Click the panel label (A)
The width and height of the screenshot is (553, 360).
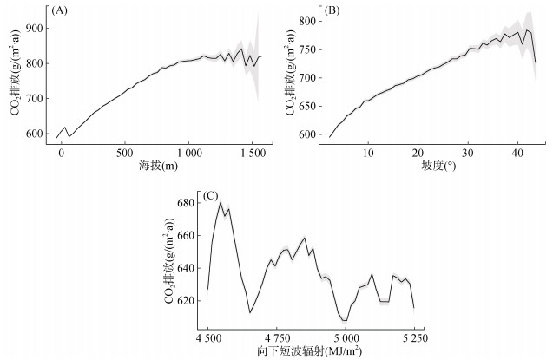coord(59,10)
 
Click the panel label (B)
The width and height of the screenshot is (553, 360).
coord(332,10)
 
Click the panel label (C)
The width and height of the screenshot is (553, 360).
coord(208,196)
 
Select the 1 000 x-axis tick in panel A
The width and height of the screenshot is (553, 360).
coord(188,154)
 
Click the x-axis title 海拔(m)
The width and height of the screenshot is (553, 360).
coord(158,165)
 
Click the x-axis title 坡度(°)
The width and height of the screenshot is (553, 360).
coord(438,165)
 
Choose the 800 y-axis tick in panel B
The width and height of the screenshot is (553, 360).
coord(307,21)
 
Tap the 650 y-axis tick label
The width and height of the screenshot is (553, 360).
coord(307,107)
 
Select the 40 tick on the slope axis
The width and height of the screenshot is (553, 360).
coord(517,154)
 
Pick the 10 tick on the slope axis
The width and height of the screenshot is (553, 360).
coord(368,154)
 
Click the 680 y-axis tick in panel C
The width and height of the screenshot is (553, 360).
coord(188,203)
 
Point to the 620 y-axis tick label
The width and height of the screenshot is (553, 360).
coord(188,301)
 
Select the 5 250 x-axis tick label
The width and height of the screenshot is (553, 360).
coord(414,338)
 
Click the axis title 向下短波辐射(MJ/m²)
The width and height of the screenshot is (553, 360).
coord(309,351)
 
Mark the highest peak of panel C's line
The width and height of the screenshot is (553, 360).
coord(221,202)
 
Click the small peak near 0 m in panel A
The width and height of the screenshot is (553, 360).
coord(64,128)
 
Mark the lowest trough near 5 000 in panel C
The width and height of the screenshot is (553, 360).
coord(345,321)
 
